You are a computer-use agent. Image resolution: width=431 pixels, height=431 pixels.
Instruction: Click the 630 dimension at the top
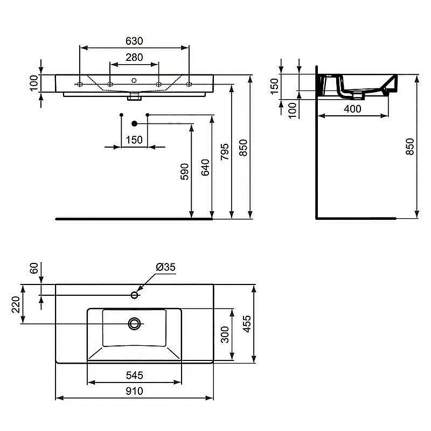pyautogui.click(x=134, y=40)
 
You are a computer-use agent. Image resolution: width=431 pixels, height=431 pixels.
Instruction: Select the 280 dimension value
pyautogui.click(x=134, y=57)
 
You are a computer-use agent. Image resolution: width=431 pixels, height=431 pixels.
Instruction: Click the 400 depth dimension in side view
pyautogui.click(x=352, y=108)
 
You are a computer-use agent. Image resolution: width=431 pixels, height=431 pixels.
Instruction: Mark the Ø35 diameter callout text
pyautogui.click(x=166, y=267)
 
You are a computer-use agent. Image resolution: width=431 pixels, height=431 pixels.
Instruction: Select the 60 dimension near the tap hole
pyautogui.click(x=33, y=268)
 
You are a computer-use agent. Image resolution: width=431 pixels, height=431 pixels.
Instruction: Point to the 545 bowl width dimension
pyautogui.click(x=134, y=376)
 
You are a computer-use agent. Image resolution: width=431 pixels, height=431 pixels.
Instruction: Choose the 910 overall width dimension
pyautogui.click(x=134, y=392)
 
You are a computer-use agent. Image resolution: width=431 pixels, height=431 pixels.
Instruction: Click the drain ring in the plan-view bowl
pyautogui.click(x=134, y=323)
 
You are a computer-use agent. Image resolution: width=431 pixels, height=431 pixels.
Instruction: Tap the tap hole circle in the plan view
pyautogui.click(x=135, y=295)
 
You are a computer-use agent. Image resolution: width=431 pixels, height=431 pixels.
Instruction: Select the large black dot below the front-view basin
pyautogui.click(x=135, y=123)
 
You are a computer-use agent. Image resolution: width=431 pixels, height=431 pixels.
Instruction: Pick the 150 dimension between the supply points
pyautogui.click(x=134, y=140)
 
